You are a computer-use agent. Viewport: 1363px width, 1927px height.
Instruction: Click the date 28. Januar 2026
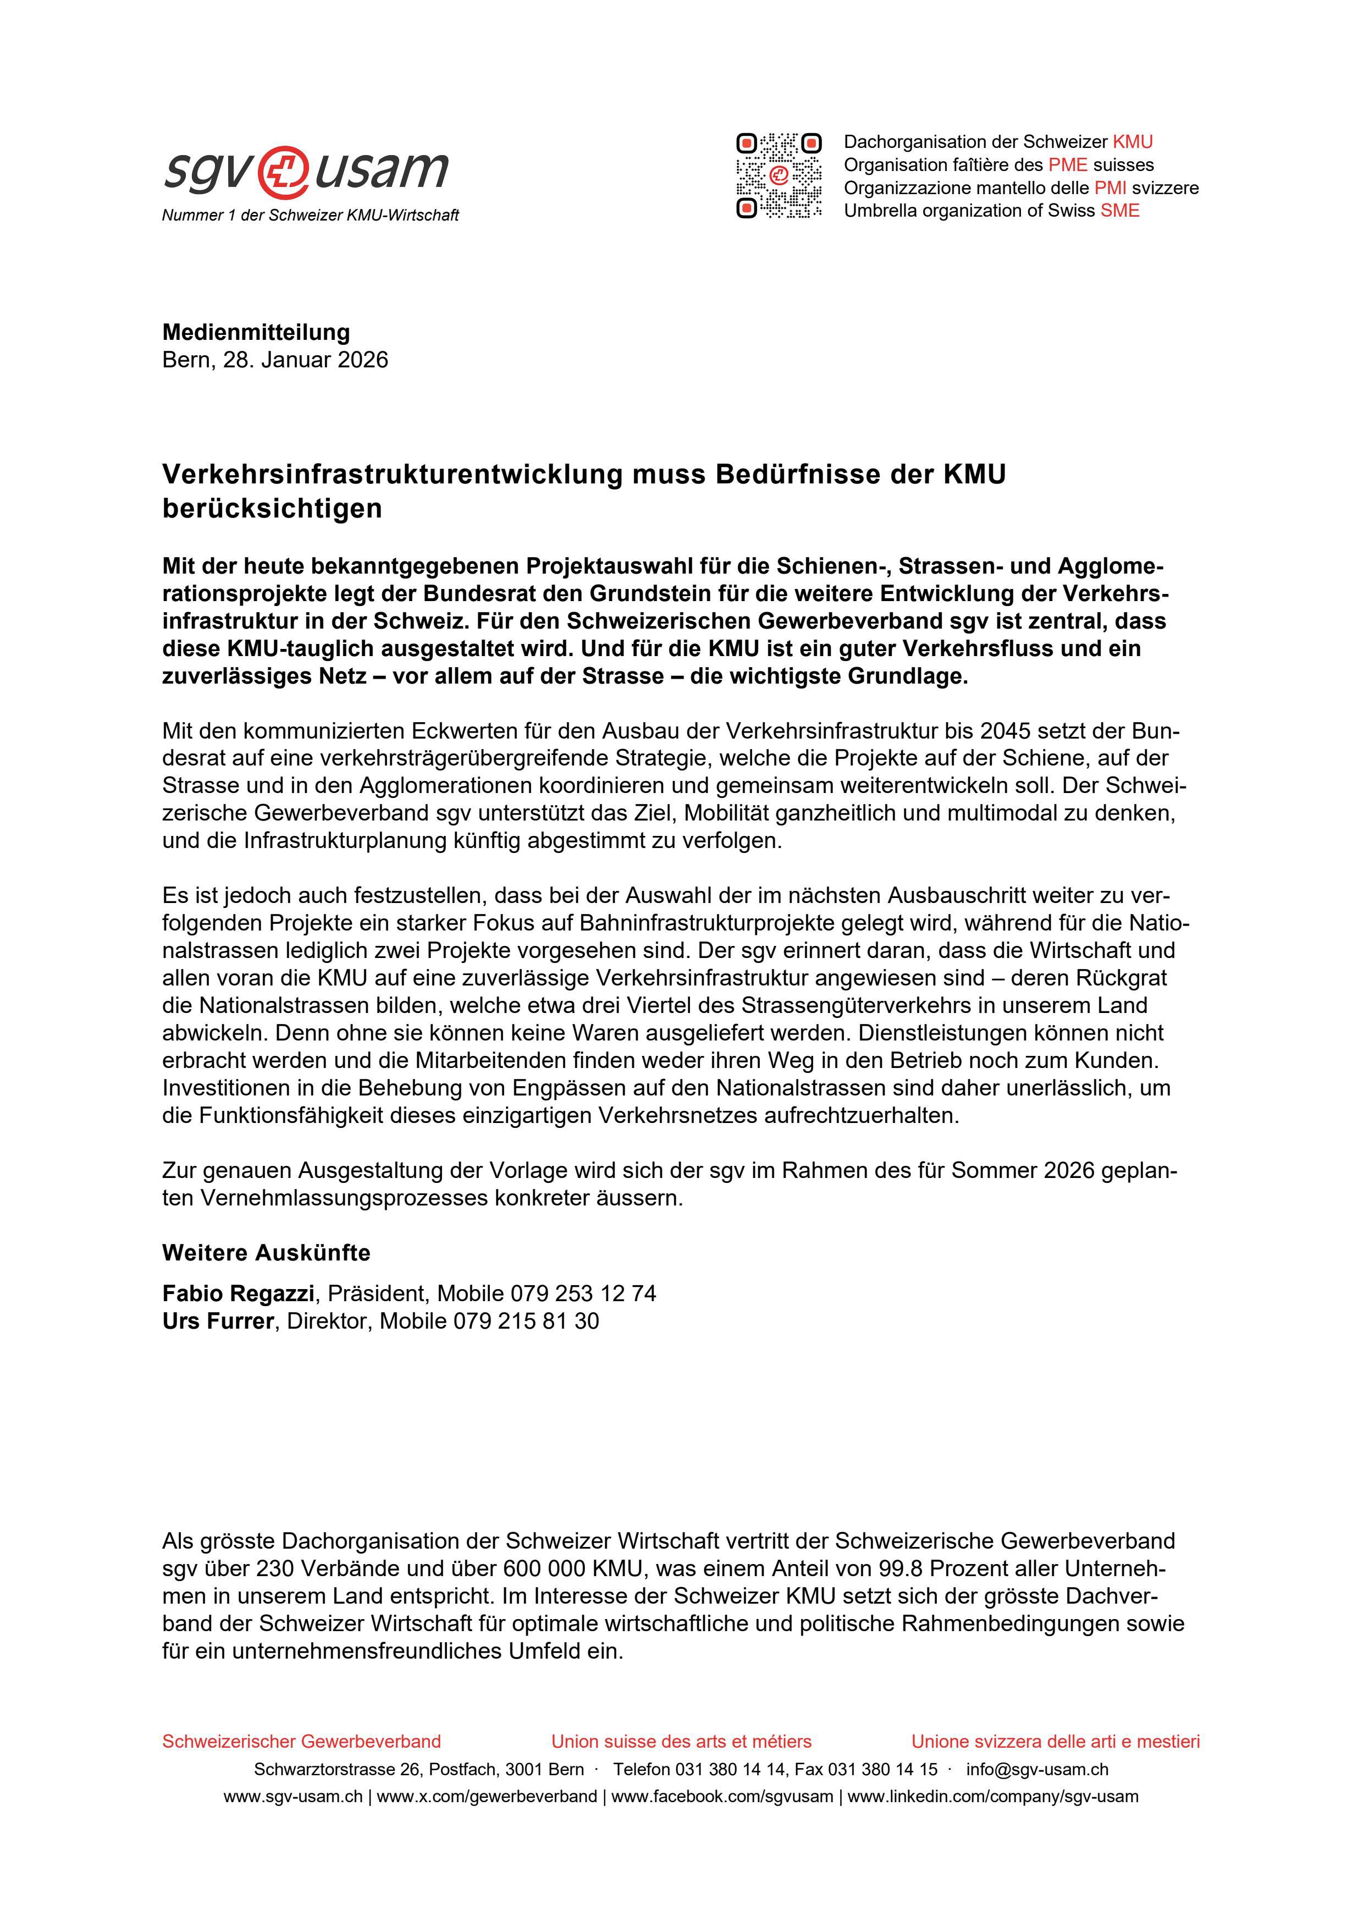[306, 360]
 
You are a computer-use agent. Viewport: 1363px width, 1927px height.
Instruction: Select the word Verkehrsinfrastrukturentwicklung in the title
[393, 475]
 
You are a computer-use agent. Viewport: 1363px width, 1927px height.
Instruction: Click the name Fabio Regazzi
[239, 1293]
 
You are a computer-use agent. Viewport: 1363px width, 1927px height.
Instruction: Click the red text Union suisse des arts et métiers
[681, 1742]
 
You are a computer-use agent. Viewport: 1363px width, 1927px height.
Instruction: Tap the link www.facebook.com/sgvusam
[722, 1797]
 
